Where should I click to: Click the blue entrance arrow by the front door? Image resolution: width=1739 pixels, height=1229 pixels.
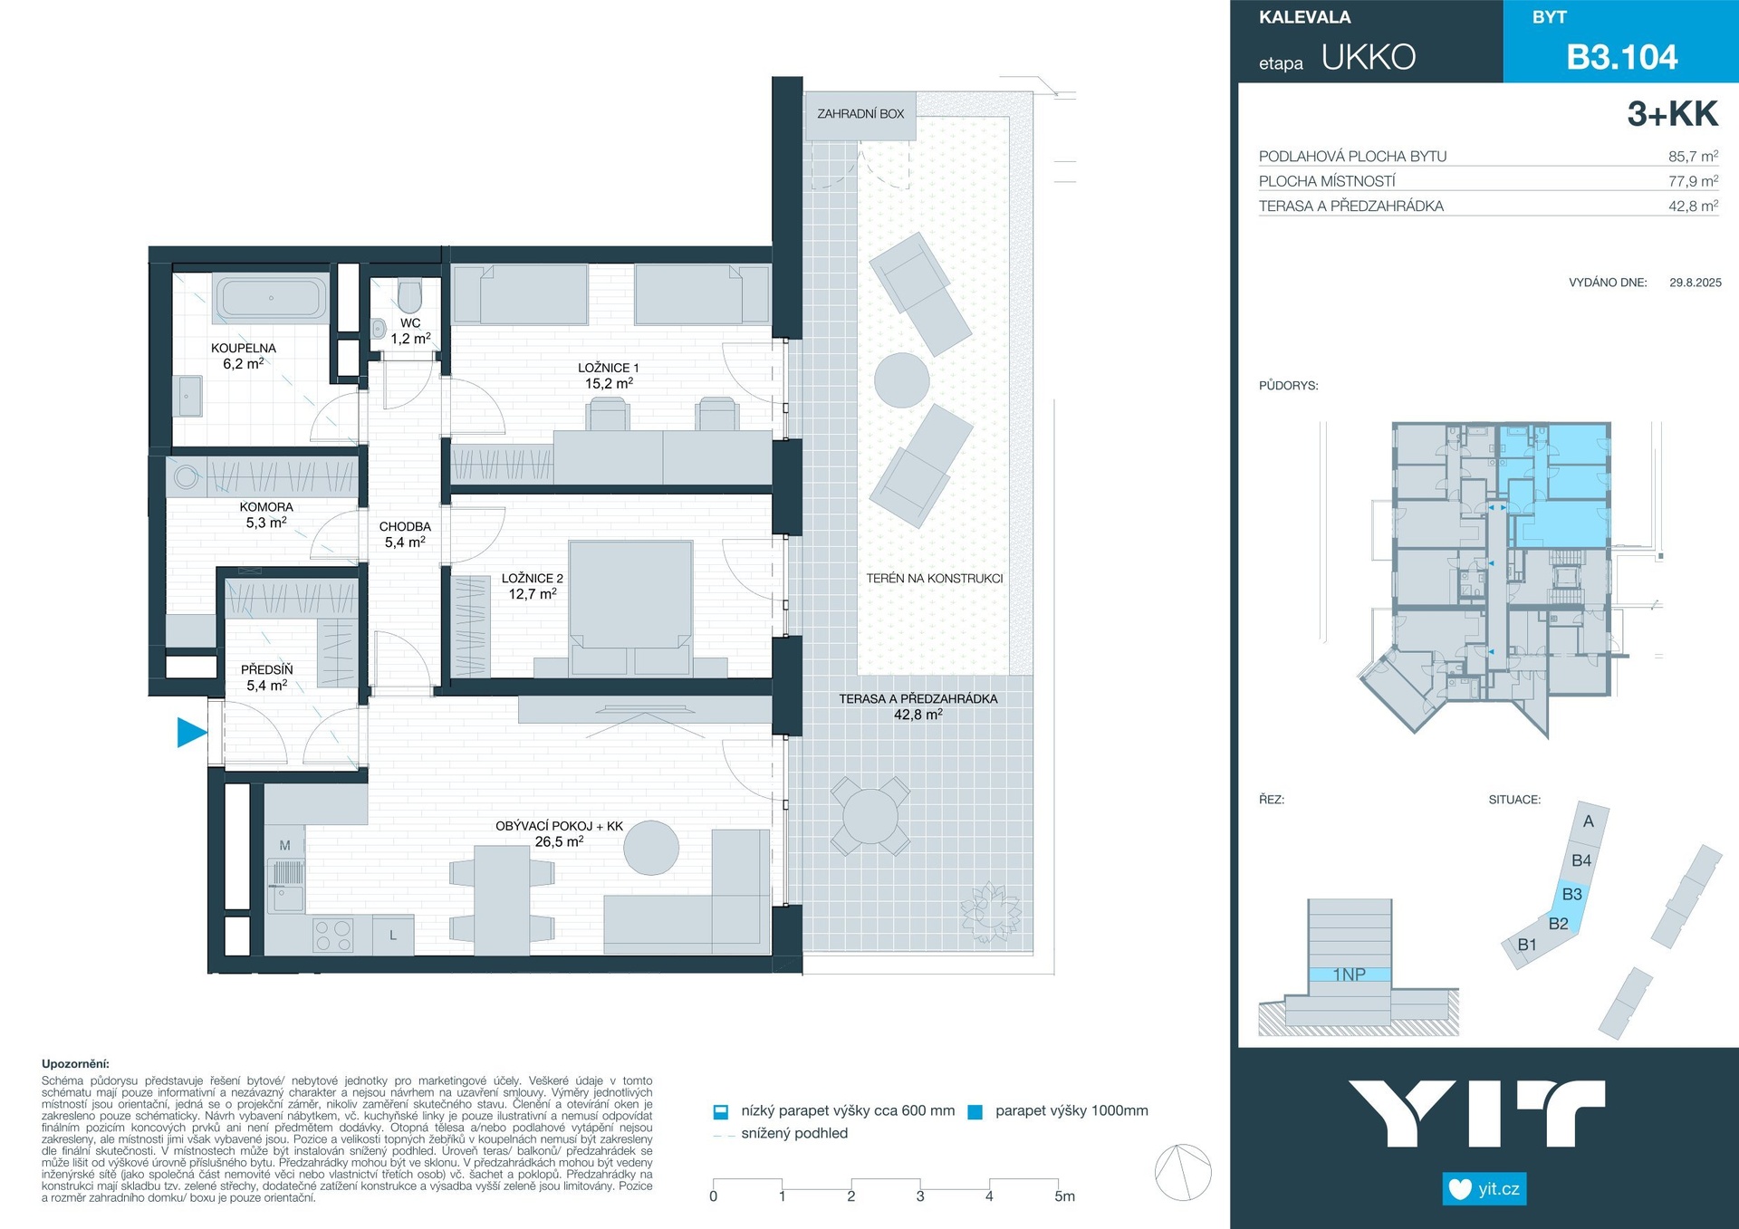point(189,732)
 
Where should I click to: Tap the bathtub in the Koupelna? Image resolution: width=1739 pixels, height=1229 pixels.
point(271,297)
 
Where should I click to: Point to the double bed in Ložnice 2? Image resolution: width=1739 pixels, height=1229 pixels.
point(630,607)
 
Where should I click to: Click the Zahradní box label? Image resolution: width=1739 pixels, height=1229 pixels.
point(860,114)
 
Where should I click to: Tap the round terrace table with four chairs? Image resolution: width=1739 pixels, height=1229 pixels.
point(869,816)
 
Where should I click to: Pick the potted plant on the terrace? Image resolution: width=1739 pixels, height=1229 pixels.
point(990,912)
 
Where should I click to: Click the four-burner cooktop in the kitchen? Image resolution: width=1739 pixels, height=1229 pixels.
point(333,936)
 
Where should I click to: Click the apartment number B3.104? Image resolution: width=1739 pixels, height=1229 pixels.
point(1622,57)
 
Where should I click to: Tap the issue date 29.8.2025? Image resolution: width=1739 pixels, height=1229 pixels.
point(1696,283)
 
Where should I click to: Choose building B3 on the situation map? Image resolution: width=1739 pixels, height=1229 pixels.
point(1572,895)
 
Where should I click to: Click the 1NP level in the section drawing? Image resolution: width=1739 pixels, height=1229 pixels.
point(1349,975)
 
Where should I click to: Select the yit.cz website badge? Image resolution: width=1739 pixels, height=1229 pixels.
point(1484,1188)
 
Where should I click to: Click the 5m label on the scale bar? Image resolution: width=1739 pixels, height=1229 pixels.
point(1065,1196)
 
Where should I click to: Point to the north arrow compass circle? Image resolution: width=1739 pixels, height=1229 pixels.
point(1183,1172)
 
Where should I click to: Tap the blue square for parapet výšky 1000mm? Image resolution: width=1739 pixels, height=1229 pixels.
point(975,1112)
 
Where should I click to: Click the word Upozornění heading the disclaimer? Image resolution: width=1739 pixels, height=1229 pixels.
point(75,1064)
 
